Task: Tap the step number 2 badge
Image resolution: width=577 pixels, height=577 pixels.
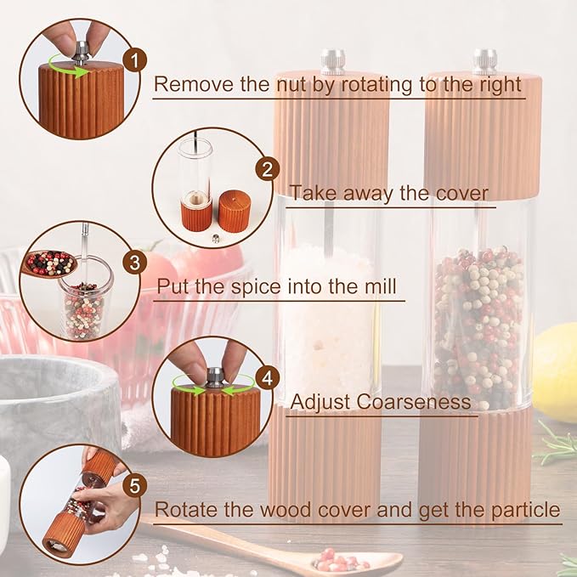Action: (x=268, y=169)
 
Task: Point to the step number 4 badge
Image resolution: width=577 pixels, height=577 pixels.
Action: (x=269, y=377)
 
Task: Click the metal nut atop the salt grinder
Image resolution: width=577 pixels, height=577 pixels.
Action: (x=333, y=61)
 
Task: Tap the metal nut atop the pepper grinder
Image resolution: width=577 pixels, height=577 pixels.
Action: (x=485, y=60)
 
